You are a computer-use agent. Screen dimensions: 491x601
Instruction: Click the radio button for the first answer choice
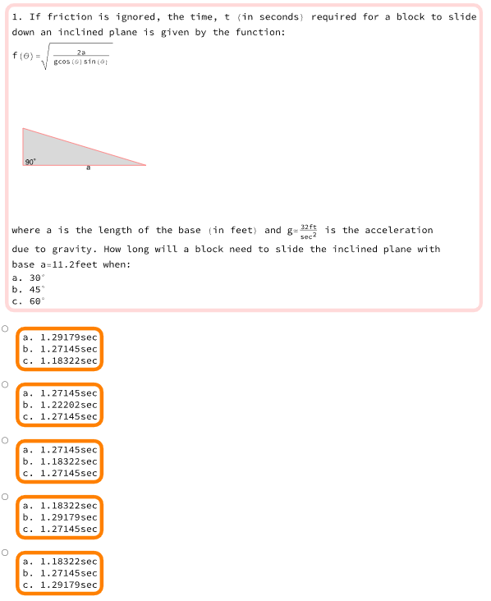(5, 328)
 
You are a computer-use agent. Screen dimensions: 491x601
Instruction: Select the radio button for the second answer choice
(5, 384)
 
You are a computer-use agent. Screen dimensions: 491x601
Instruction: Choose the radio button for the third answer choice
(5, 440)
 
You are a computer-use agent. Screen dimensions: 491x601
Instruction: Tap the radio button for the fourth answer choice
(5, 497)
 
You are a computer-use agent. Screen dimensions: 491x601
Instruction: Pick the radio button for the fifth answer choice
(5, 553)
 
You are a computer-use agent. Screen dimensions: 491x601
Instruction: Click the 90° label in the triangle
(30, 162)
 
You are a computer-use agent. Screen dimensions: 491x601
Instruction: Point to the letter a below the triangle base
(89, 168)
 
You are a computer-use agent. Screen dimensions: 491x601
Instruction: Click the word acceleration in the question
(398, 230)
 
